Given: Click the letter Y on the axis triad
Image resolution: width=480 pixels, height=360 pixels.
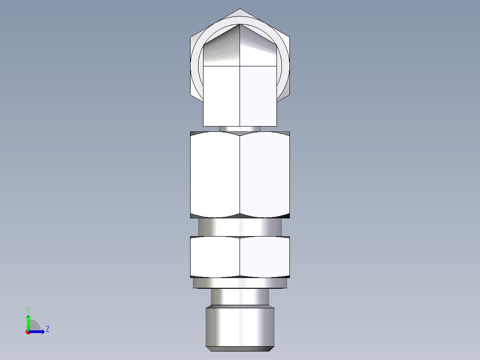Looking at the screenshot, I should click(x=28, y=309).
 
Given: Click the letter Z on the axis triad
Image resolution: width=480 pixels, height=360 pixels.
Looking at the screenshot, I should click(x=47, y=329).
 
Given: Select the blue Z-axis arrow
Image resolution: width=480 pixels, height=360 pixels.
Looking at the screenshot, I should click(x=38, y=331).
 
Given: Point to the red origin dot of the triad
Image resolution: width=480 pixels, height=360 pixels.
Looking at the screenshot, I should click(x=28, y=332).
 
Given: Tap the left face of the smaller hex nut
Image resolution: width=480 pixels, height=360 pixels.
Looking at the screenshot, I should click(x=215, y=257).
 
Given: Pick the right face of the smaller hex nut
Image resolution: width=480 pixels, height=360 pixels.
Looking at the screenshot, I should click(x=265, y=257).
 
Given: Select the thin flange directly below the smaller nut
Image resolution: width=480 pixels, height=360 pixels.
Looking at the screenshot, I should click(x=240, y=283).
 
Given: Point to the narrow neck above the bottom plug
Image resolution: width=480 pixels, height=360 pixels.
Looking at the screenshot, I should click(x=240, y=297).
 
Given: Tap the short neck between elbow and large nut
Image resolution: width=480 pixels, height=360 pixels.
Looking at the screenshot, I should click(x=240, y=129).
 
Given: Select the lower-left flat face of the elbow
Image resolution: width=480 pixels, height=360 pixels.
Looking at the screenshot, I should click(x=221, y=96).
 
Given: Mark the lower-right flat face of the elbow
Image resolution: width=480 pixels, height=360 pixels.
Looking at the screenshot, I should click(x=258, y=96).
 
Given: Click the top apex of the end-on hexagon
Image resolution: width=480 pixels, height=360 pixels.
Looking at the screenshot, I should click(x=240, y=9).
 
